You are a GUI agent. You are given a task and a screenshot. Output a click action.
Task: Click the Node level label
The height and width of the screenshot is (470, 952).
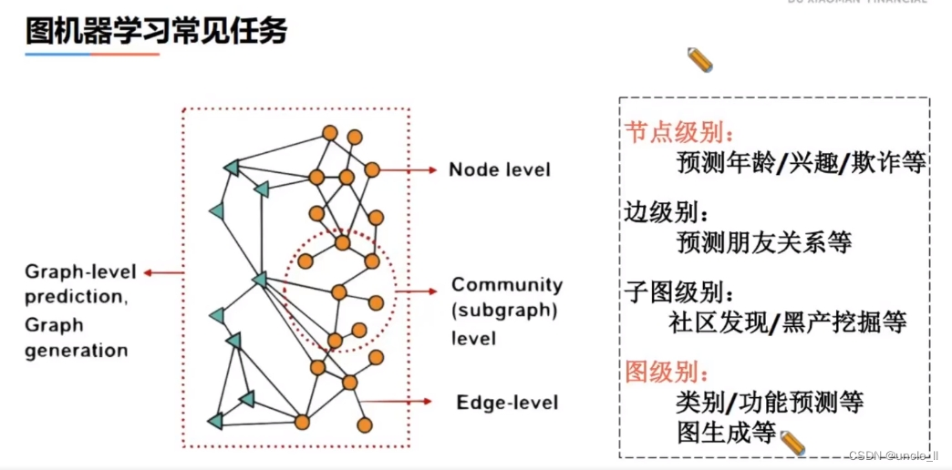[x=500, y=169]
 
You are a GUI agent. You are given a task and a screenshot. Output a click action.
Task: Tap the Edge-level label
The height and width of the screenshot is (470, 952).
[x=507, y=402]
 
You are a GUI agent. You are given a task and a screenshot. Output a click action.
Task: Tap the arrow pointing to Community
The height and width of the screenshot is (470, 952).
[x=415, y=291]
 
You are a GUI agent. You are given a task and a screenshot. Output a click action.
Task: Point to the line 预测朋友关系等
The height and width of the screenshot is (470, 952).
[x=764, y=242]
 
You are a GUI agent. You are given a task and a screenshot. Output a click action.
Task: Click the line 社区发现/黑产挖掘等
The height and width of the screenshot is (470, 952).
[x=787, y=322]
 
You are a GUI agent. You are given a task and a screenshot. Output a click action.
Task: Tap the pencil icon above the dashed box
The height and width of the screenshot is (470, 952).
[x=700, y=60]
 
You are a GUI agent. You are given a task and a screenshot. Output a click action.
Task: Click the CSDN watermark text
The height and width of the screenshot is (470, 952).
[x=893, y=455]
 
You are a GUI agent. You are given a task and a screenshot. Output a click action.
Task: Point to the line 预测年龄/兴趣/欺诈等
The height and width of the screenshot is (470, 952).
[x=802, y=162]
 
